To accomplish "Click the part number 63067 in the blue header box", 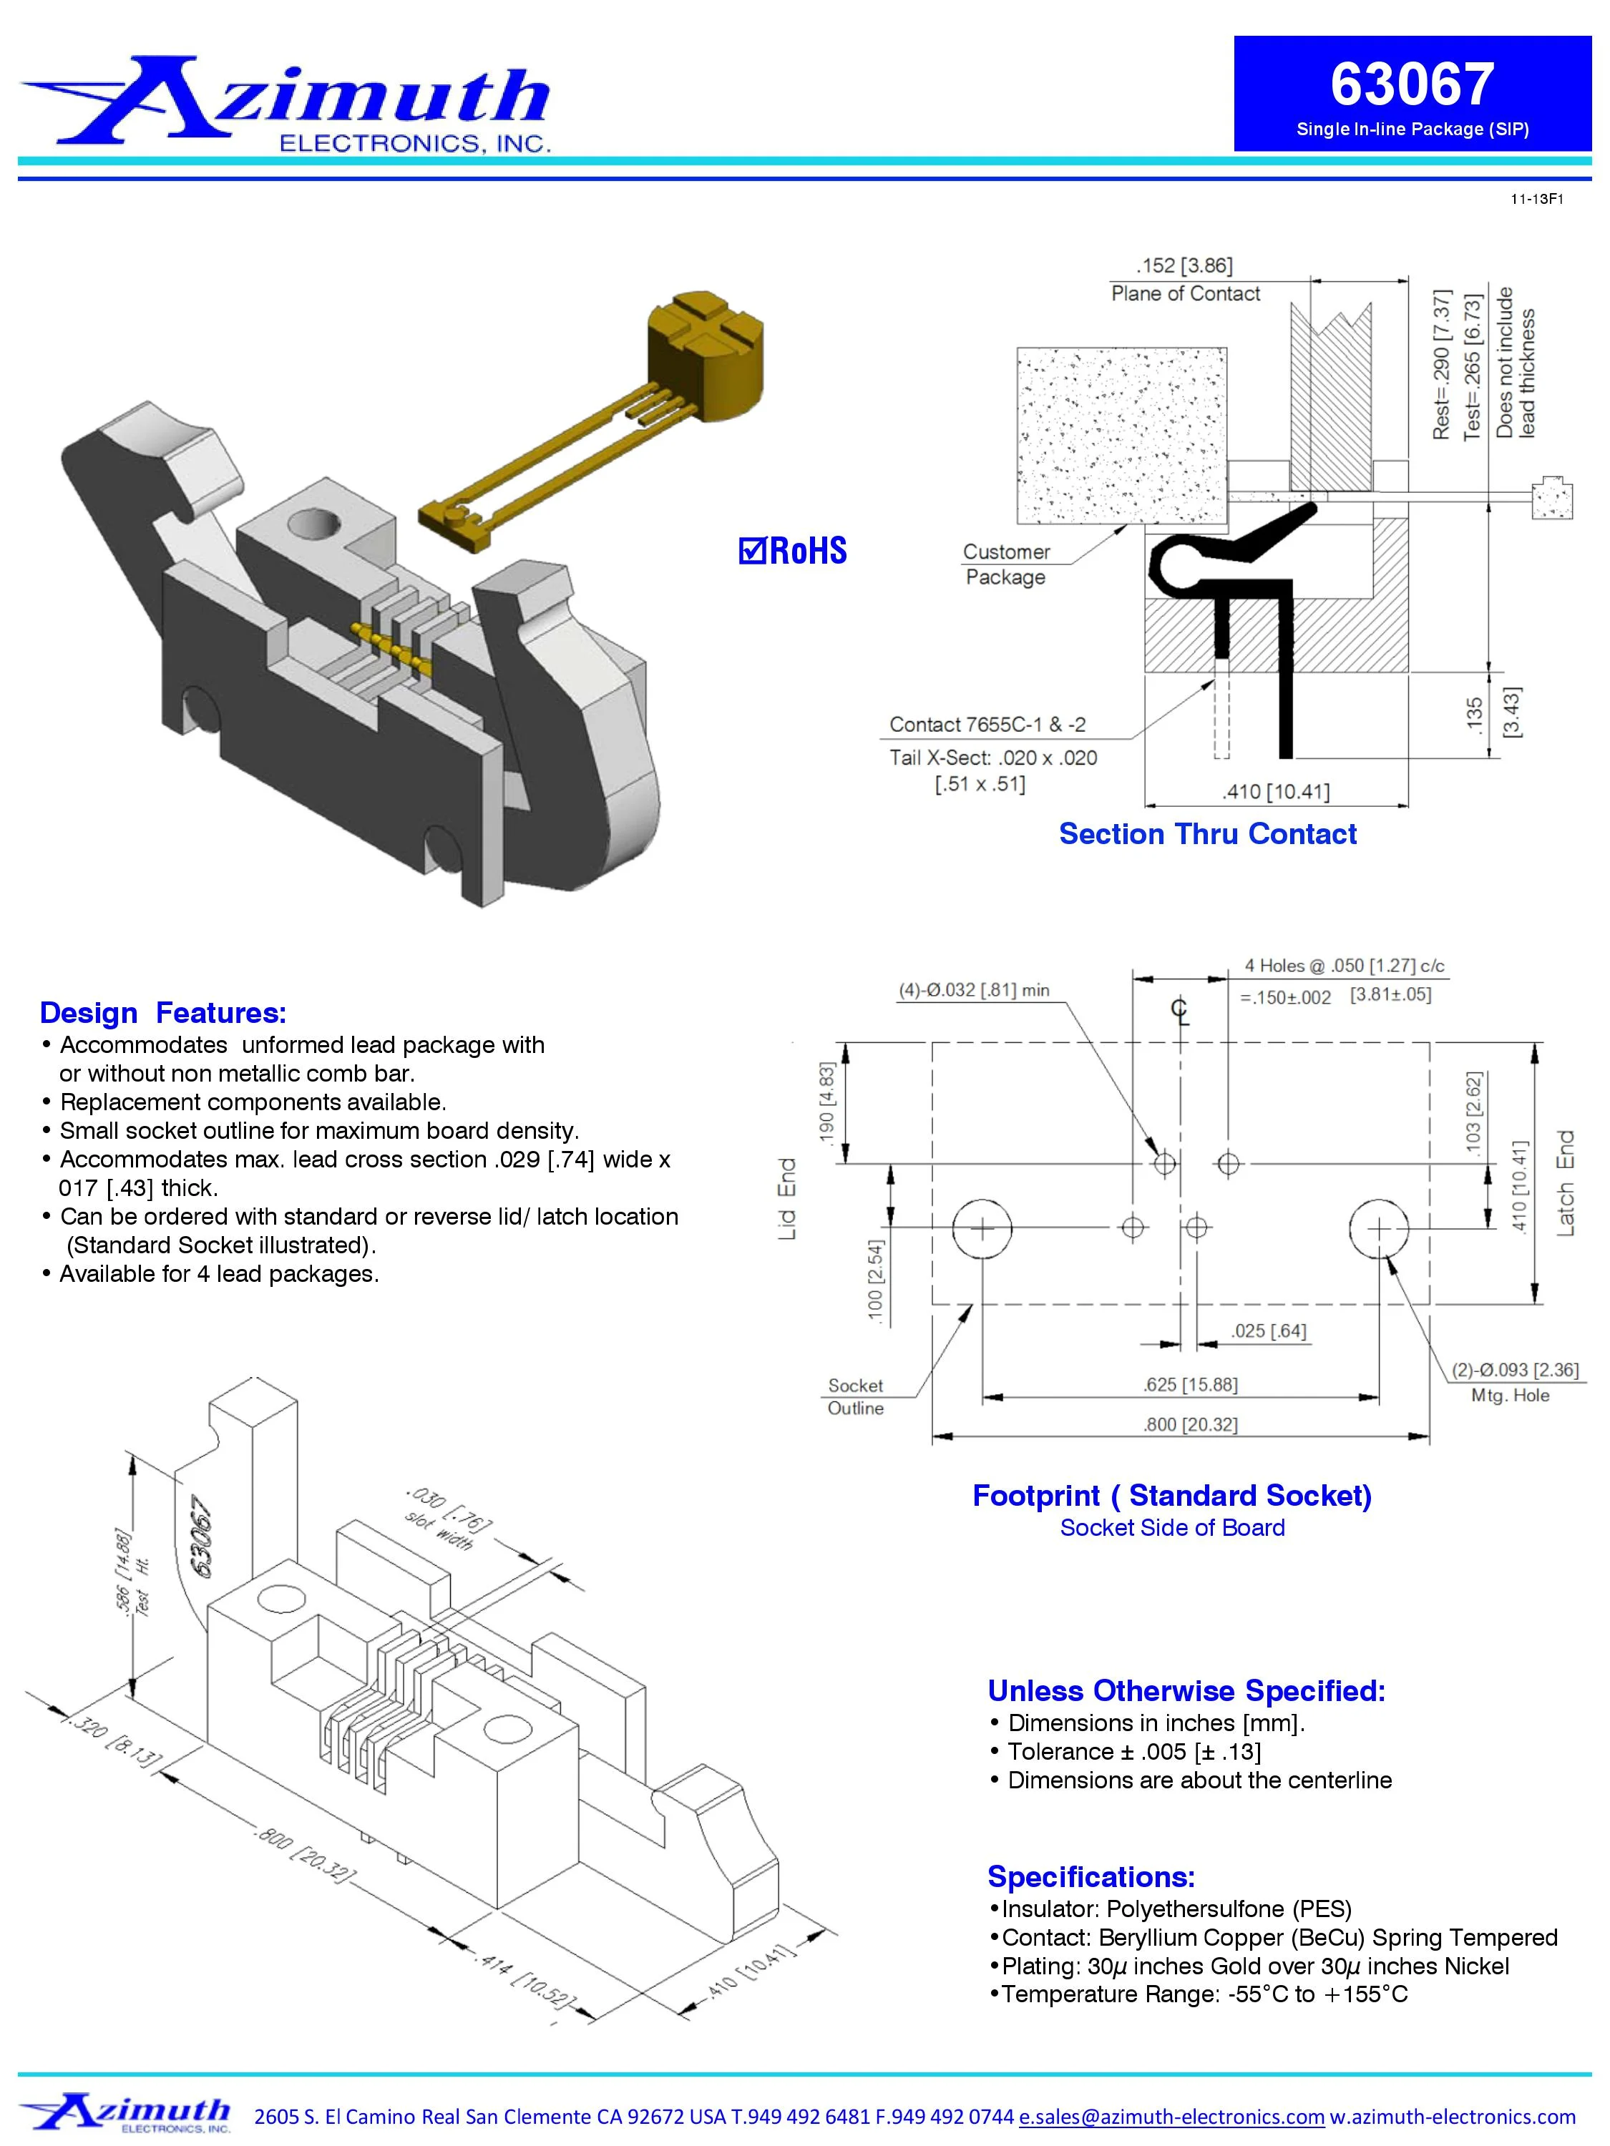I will click(x=1411, y=84).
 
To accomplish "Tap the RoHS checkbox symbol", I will click(x=751, y=550).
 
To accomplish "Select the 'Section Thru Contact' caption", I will click(x=1207, y=833).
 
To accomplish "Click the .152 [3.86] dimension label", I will click(x=1184, y=266).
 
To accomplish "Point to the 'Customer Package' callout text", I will click(x=1005, y=564).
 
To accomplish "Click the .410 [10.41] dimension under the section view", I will click(x=1275, y=792).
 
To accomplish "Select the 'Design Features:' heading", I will click(x=163, y=1013).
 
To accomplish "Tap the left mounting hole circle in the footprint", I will click(x=982, y=1228).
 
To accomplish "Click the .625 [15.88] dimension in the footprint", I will click(x=1190, y=1384).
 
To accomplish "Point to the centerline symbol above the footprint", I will click(x=1180, y=1010).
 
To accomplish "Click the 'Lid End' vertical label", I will click(x=787, y=1198).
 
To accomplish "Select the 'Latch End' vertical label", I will click(x=1566, y=1182).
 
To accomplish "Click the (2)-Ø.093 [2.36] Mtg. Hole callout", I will click(x=1515, y=1381).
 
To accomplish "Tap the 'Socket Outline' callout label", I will click(x=855, y=1396).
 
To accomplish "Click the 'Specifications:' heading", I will click(x=1091, y=1876).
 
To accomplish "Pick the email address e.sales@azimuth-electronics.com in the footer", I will click(x=1171, y=2116).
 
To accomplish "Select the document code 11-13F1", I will click(x=1536, y=200).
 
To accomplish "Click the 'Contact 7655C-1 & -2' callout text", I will click(x=987, y=725).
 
